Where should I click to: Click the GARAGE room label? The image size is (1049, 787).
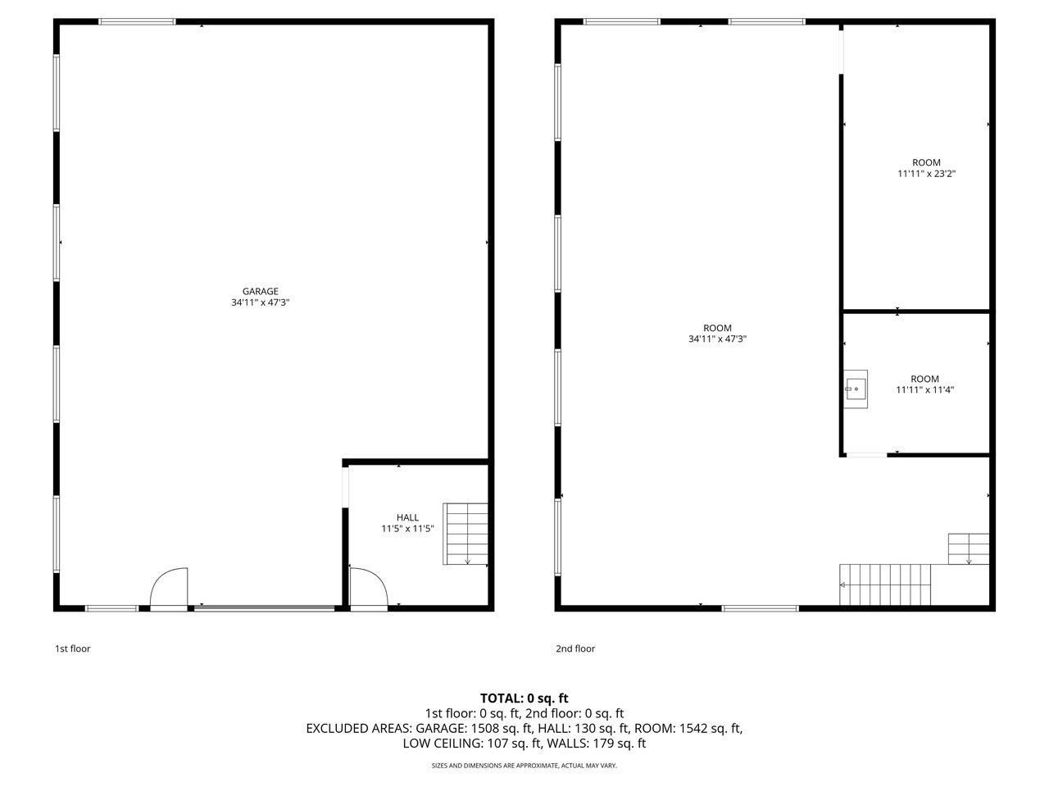tap(260, 292)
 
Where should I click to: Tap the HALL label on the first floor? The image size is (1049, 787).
tap(407, 517)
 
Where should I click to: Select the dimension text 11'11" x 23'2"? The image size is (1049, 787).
tap(926, 174)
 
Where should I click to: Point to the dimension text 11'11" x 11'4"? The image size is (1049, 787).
tap(924, 390)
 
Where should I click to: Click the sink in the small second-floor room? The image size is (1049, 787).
tap(855, 389)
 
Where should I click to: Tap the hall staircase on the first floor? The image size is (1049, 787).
tap(465, 534)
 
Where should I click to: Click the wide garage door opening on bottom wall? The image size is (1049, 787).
tap(264, 608)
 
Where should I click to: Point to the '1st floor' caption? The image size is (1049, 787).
tap(73, 648)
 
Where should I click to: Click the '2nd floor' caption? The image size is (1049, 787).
tap(575, 648)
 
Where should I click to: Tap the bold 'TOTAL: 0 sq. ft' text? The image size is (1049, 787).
tap(524, 698)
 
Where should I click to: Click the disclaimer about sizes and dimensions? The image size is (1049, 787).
tap(524, 766)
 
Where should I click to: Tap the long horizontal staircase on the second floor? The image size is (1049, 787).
tap(885, 585)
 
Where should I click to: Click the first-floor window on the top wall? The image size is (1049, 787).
tap(137, 21)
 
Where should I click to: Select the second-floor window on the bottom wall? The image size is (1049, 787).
tap(760, 608)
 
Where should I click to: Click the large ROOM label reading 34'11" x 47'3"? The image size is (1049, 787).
tap(717, 334)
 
